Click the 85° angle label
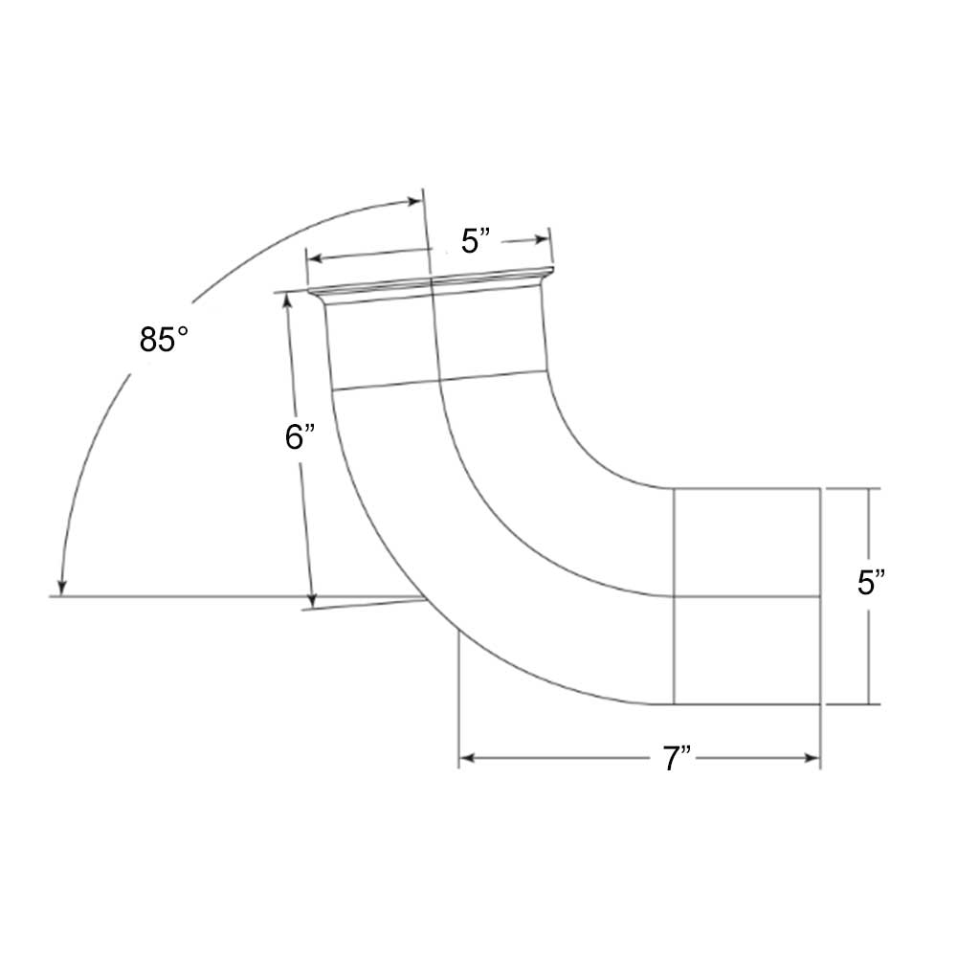(x=157, y=340)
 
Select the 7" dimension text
(x=678, y=759)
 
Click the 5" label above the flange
(x=476, y=241)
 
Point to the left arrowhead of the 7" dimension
(x=465, y=759)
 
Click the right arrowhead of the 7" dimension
(x=814, y=759)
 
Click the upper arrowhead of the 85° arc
(x=413, y=201)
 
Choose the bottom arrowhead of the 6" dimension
(x=311, y=602)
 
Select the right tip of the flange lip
(x=553, y=271)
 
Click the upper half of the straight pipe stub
(x=746, y=542)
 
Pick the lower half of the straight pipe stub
(x=746, y=651)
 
